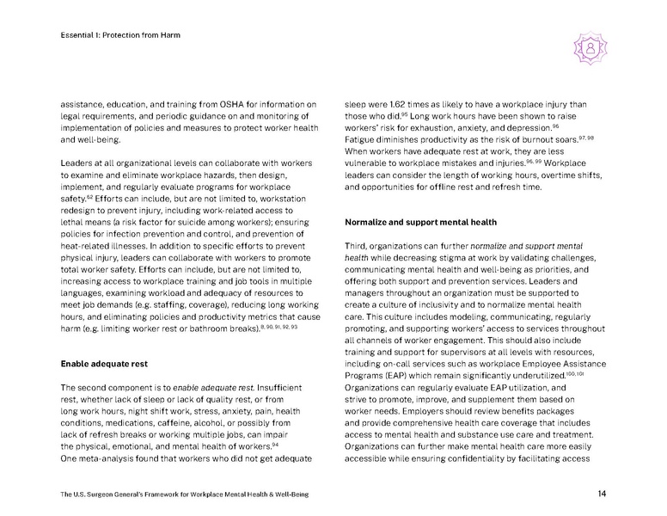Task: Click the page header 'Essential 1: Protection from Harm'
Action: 119,35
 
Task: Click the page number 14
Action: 602,493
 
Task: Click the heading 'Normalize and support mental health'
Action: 420,222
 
